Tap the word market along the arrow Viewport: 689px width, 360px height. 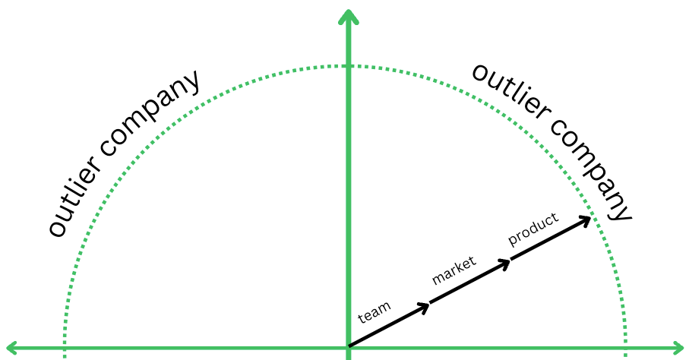pos(454,270)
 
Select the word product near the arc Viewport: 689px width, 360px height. pos(533,229)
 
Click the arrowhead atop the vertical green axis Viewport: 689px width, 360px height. pos(347,17)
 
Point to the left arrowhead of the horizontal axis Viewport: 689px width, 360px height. pos(11,349)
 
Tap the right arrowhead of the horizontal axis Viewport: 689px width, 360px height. pos(678,349)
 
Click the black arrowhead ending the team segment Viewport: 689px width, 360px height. pos(426,305)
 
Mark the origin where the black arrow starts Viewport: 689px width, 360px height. pos(349,347)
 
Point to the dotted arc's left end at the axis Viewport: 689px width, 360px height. pos(65,352)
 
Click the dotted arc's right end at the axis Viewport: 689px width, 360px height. pos(625,352)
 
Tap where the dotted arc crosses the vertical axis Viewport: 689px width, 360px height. pos(347,66)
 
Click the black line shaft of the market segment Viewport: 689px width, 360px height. pos(469,283)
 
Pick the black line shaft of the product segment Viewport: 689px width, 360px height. pos(548,240)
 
